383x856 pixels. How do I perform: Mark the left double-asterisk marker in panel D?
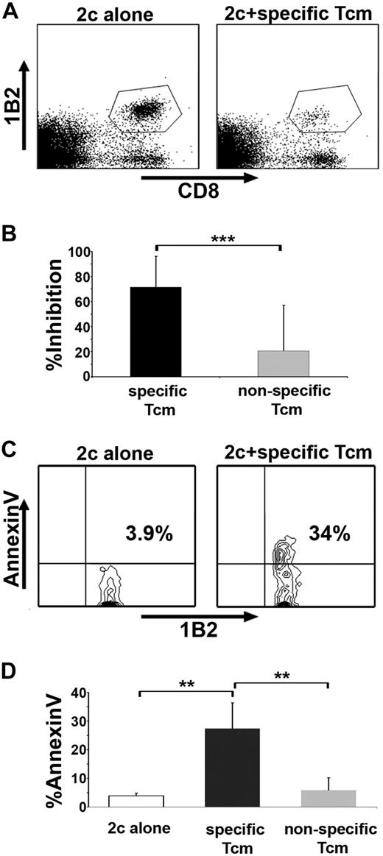185,684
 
